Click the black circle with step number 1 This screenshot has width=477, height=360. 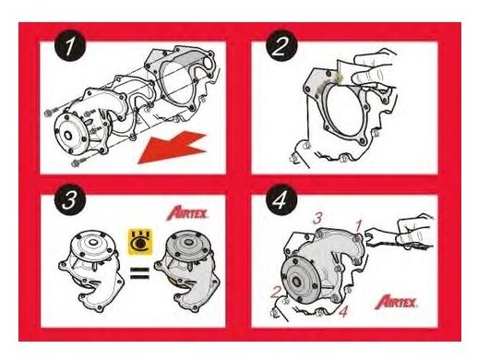[70, 46]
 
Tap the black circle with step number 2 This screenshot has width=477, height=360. [281, 46]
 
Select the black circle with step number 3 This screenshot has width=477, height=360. [70, 200]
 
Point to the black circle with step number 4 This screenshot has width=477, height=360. [281, 200]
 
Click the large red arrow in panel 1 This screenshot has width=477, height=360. [173, 148]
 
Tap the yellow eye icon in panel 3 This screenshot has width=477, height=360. [140, 243]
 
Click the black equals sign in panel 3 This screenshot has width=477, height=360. [140, 273]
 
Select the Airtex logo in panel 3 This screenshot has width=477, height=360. [187, 213]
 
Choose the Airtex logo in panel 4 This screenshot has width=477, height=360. [396, 302]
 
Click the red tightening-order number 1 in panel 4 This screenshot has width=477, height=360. [359, 226]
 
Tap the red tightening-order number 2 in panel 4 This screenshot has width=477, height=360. [277, 293]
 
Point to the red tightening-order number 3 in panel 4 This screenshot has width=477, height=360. [317, 218]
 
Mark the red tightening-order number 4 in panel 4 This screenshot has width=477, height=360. [343, 312]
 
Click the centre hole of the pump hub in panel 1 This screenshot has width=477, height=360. [67, 136]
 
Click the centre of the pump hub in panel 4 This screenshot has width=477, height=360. [297, 282]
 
